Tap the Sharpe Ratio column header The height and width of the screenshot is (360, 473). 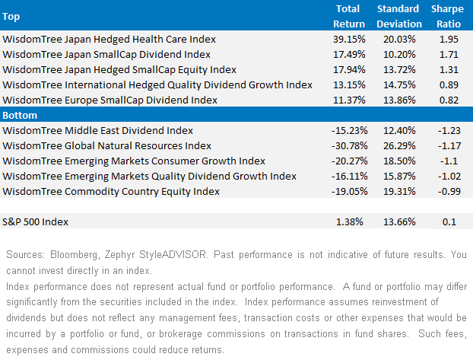pos(447,15)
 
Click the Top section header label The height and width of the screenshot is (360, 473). pos(12,15)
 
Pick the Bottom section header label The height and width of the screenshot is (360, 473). pos(21,115)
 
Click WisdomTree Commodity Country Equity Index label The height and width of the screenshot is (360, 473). pos(101,192)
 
